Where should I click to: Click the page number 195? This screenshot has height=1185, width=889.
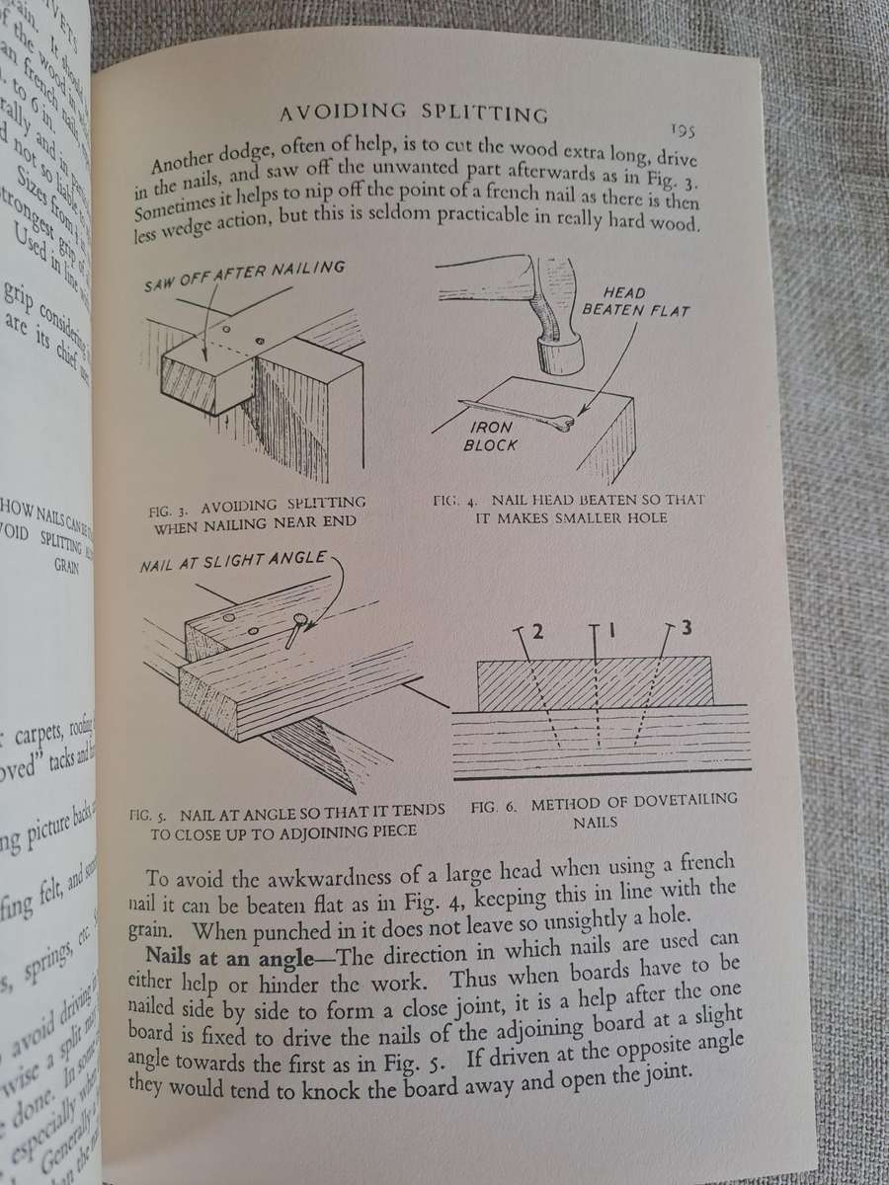point(684,129)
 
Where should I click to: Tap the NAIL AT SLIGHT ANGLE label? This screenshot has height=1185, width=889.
point(235,560)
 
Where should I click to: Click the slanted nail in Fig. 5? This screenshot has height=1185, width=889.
point(295,629)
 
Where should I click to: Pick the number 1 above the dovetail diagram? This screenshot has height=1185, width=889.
point(607,629)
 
